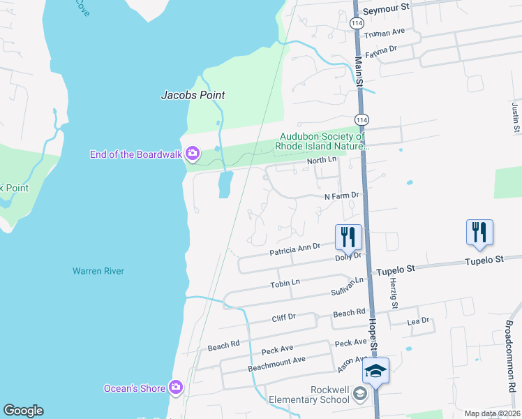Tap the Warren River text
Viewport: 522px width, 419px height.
point(98,271)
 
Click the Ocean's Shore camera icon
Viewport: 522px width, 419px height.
point(176,388)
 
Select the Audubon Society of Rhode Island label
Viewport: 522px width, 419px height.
point(322,142)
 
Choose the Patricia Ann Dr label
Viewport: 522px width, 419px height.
point(294,247)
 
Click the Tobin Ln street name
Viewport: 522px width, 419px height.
point(285,283)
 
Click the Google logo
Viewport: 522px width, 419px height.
point(23,411)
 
